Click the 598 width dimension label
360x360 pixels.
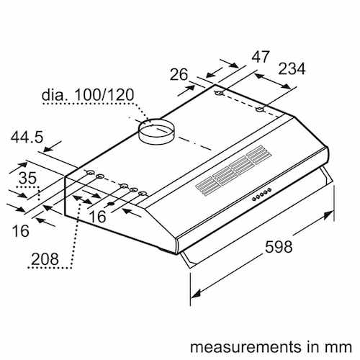[x=279, y=246]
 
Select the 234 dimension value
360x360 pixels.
[x=292, y=68]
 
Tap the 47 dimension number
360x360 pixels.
[x=261, y=57]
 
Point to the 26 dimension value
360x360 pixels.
[x=179, y=74]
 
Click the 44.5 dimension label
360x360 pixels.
[x=27, y=138]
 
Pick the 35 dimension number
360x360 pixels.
[x=27, y=178]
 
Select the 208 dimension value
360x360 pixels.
[x=45, y=259]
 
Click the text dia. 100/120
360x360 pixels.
[x=88, y=95]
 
